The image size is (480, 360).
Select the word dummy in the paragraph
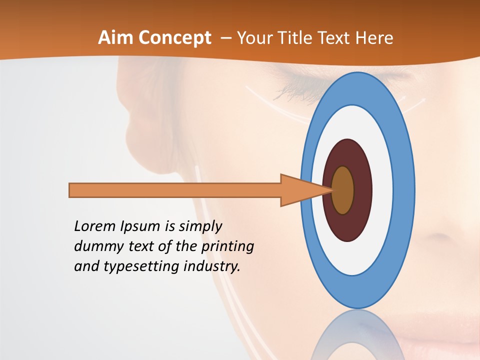coord(96,246)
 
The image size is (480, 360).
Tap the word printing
coord(227,246)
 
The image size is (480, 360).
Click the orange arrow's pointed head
coord(305,190)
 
